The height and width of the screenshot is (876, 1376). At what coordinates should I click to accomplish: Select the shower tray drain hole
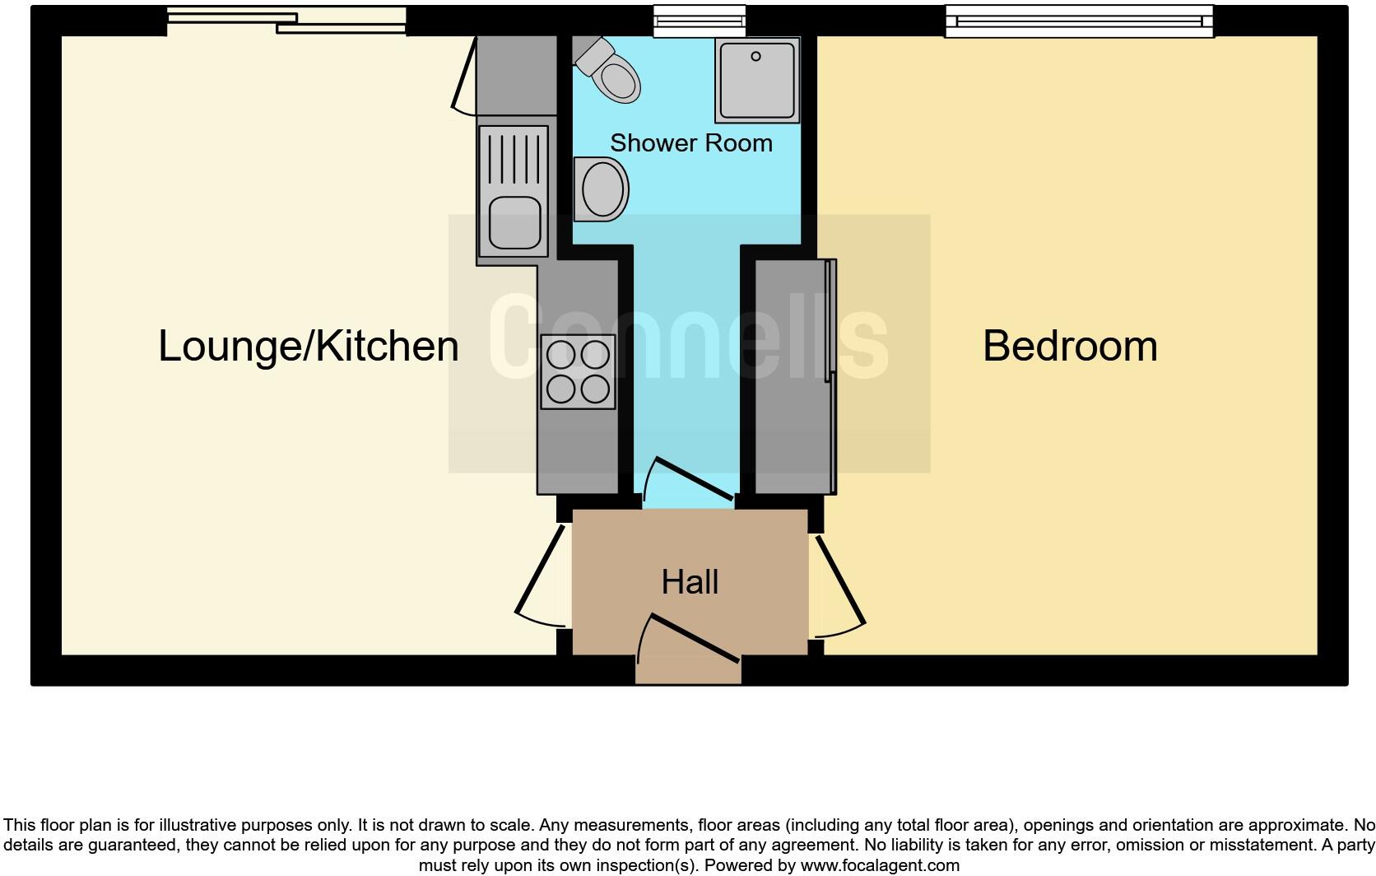click(x=755, y=57)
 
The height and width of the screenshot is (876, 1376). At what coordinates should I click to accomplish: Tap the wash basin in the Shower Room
click(x=602, y=189)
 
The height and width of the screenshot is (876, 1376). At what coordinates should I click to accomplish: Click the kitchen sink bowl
click(x=514, y=224)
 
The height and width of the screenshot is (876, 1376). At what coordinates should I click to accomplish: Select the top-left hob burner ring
click(x=560, y=355)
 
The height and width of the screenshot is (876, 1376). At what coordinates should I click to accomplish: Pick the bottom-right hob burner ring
click(x=595, y=388)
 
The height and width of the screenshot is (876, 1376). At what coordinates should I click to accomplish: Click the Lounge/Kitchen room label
click(x=309, y=346)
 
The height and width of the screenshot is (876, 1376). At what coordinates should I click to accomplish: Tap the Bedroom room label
click(x=1070, y=346)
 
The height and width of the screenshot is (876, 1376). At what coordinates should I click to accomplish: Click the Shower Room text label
click(x=691, y=143)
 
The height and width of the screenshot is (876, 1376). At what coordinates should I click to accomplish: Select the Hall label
click(x=690, y=582)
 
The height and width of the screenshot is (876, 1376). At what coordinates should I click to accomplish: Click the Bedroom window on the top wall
click(x=1079, y=21)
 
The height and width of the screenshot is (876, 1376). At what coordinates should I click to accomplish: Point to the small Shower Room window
click(x=700, y=21)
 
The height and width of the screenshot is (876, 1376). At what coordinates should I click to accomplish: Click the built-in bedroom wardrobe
click(x=795, y=376)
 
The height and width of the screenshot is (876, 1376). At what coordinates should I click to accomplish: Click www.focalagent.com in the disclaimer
click(x=880, y=865)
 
